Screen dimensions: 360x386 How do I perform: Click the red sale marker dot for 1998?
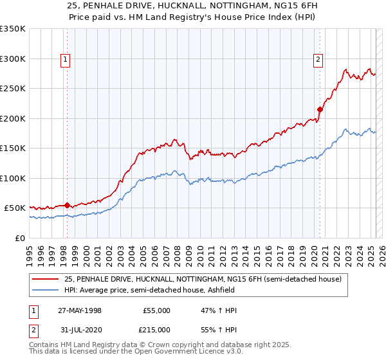pos(68,205)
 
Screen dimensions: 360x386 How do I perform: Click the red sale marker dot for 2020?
pos(320,109)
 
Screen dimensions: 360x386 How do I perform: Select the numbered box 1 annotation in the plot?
pos(66,60)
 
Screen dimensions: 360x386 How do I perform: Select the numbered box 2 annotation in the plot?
pos(318,60)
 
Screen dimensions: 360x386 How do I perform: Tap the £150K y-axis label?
pos(13,148)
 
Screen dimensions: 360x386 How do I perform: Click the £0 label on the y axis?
pos(20,238)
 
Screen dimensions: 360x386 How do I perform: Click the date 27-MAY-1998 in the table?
pos(79,310)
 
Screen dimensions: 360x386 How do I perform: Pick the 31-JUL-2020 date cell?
pos(79,329)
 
